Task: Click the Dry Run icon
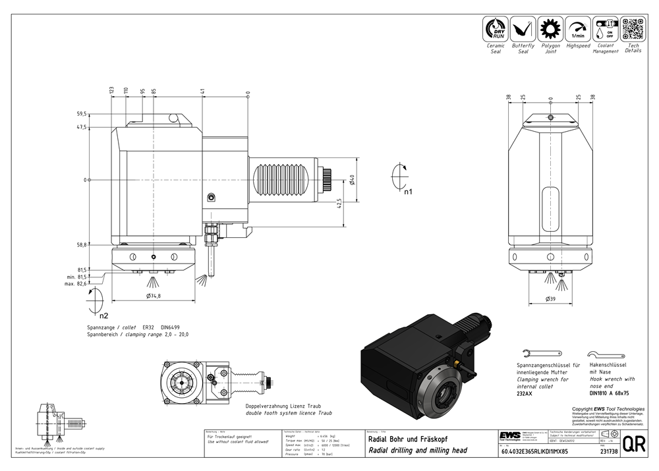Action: (496, 29)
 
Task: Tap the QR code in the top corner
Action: (633, 29)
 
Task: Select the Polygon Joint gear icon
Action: (550, 29)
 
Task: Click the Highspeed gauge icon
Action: (578, 29)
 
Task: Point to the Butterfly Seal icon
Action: (523, 29)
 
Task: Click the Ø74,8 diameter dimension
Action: (153, 296)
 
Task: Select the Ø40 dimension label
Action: (353, 180)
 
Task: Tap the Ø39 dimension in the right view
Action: (551, 299)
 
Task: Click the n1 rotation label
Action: (409, 192)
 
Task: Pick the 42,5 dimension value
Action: (339, 204)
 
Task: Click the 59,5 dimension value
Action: (82, 114)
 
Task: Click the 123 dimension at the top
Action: (112, 90)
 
